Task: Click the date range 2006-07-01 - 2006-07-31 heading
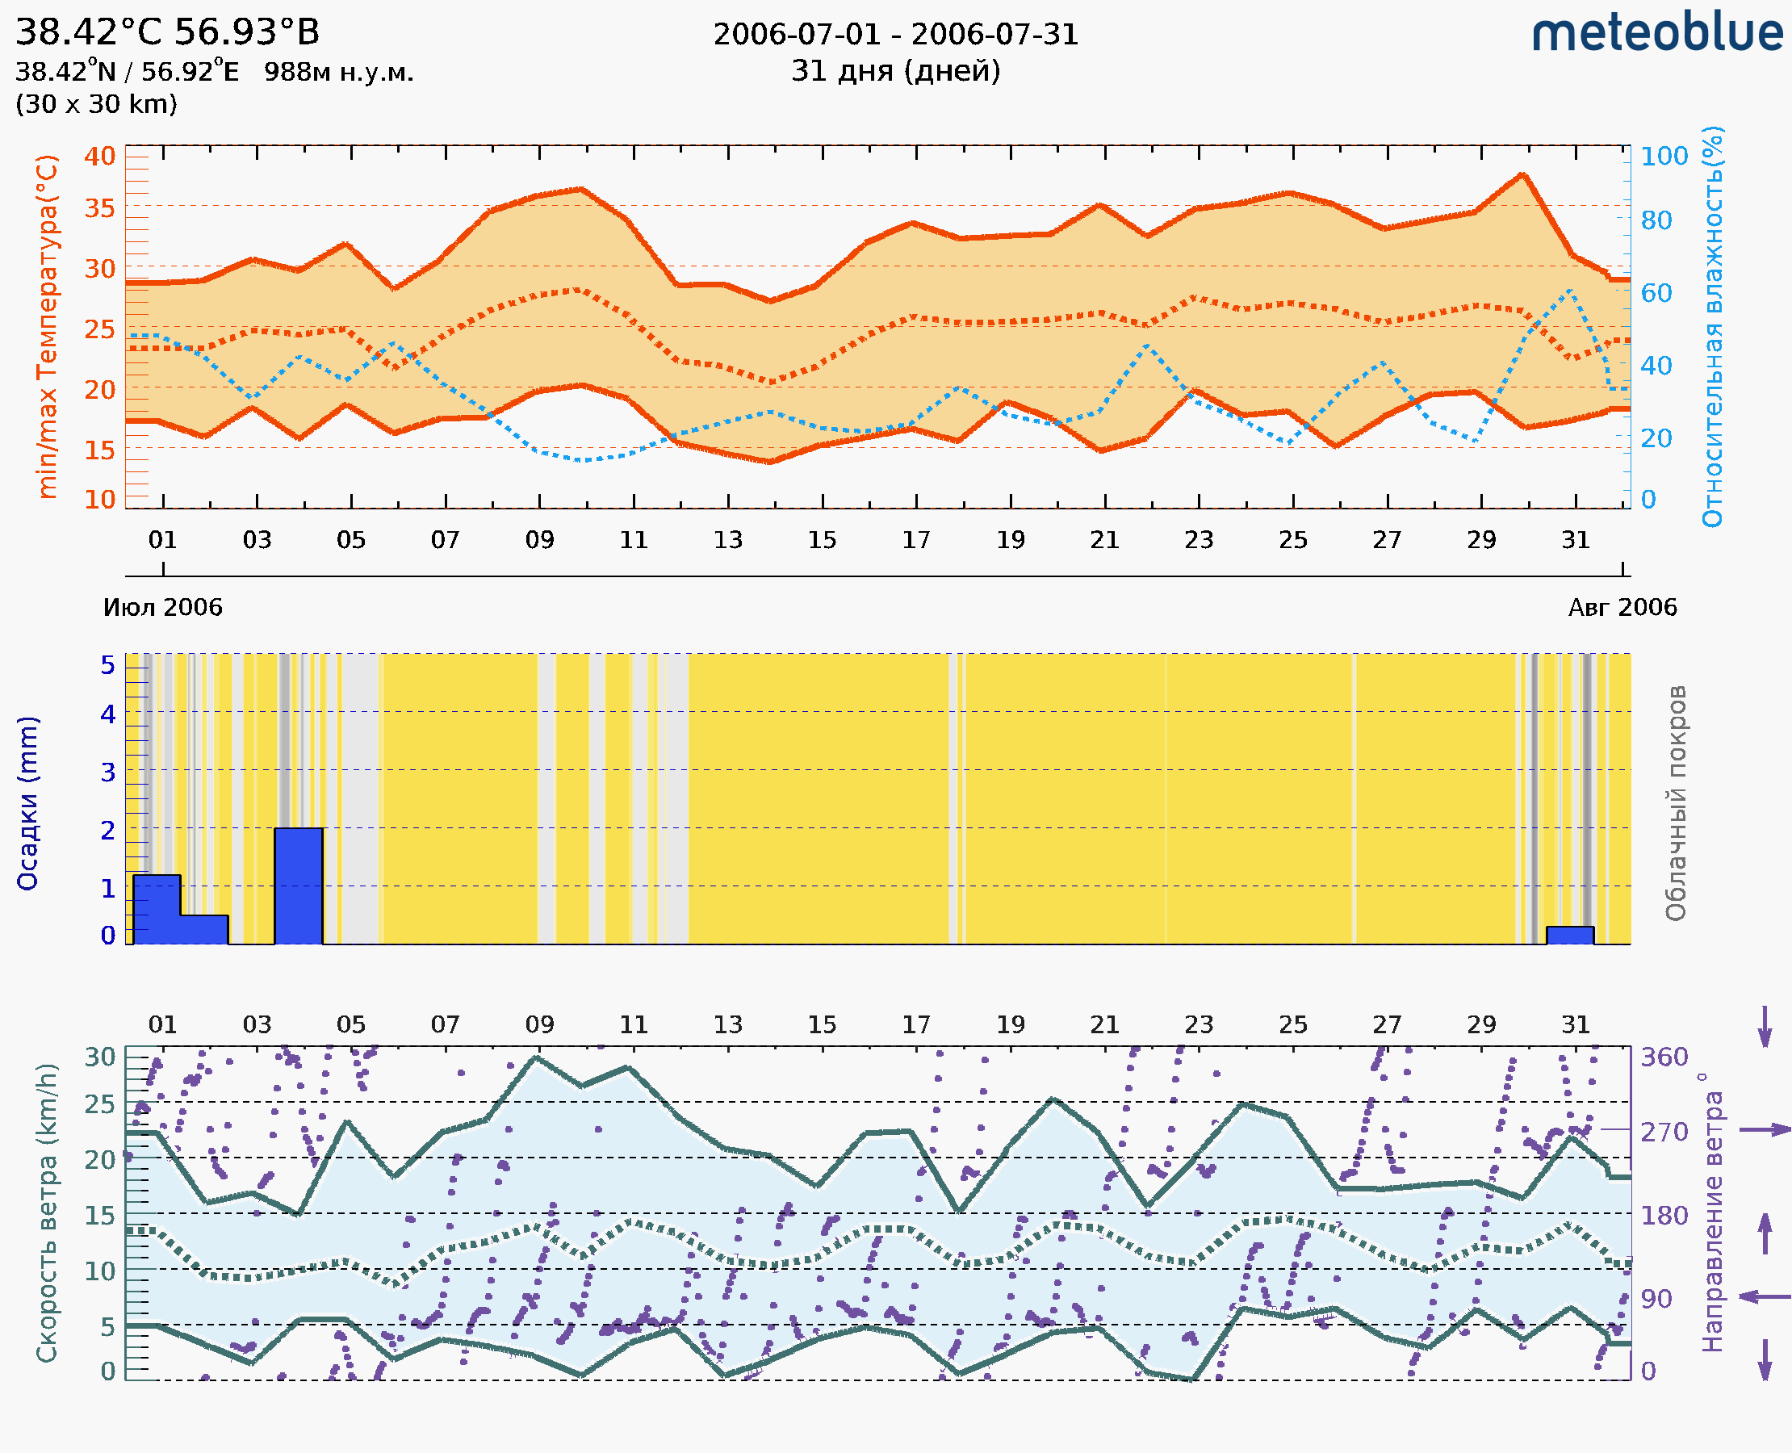[x=895, y=35]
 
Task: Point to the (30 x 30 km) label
[x=96, y=105]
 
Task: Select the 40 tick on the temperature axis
[x=99, y=156]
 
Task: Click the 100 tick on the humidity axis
[x=1663, y=156]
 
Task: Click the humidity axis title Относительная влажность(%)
[x=1712, y=326]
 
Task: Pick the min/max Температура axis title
[x=47, y=326]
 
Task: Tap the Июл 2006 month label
[x=162, y=607]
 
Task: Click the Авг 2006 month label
[x=1622, y=607]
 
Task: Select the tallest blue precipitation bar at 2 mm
[x=299, y=886]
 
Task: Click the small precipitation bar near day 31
[x=1569, y=935]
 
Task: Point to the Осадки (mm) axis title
[x=27, y=803]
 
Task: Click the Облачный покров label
[x=1676, y=803]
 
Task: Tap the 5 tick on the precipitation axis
[x=108, y=665]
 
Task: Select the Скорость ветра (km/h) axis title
[x=47, y=1212]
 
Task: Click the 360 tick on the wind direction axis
[x=1664, y=1057]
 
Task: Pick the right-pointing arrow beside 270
[x=1765, y=1130]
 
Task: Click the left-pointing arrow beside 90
[x=1765, y=1297]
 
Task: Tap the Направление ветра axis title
[x=1712, y=1212]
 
